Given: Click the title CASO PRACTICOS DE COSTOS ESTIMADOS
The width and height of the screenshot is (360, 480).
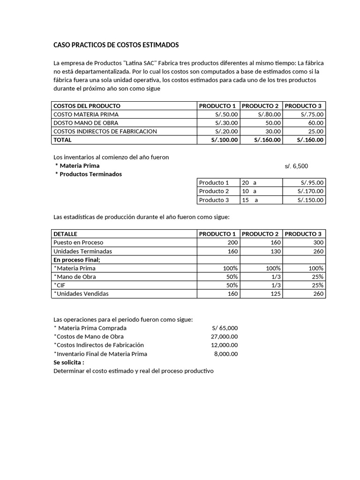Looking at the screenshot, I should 116,45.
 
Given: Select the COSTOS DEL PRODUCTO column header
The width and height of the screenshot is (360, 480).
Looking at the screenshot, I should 87,106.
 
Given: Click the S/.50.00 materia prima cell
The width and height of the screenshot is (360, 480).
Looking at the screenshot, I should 226,114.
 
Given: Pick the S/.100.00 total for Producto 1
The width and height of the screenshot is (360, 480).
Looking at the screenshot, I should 225,140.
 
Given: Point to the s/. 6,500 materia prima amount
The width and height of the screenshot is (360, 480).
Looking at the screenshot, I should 296,166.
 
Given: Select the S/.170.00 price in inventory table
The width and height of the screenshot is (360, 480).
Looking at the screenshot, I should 310,191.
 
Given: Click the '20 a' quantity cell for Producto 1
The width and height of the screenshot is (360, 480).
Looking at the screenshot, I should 249,183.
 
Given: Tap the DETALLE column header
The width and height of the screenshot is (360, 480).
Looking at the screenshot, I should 66,234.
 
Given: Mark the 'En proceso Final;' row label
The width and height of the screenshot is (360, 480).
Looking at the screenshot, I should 77,260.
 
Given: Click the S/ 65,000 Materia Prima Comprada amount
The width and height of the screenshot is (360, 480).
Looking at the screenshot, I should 225,328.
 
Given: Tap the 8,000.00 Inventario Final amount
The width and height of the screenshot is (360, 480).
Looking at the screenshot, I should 225,354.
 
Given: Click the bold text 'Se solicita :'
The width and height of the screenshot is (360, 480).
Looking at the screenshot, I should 69,362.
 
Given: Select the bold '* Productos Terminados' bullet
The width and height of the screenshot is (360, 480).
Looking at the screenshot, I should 89,174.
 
